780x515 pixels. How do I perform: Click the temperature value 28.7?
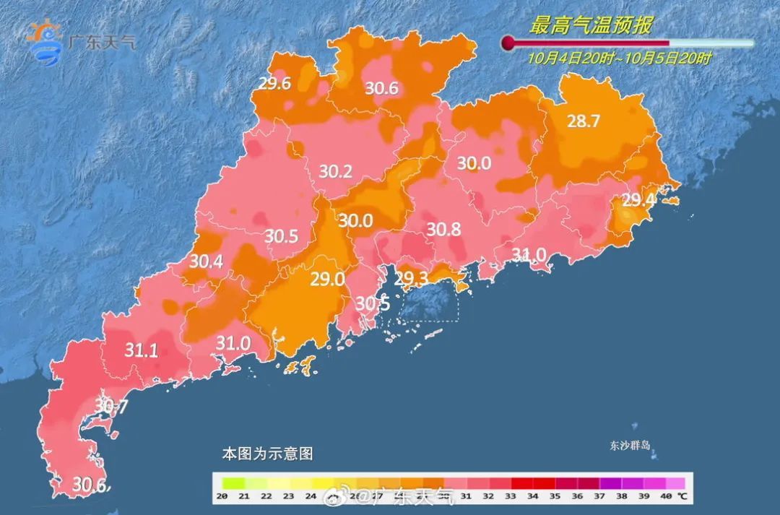(x=583, y=121)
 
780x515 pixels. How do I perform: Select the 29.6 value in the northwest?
(x=274, y=84)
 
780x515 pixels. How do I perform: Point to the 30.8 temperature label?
(x=443, y=230)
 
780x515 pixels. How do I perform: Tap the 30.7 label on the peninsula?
(x=111, y=407)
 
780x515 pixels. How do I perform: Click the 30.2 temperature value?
(x=335, y=172)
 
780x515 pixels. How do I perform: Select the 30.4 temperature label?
(x=206, y=262)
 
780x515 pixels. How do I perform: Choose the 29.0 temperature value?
(x=327, y=279)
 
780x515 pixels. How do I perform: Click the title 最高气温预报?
(x=591, y=26)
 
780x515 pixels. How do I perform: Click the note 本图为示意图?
(x=267, y=454)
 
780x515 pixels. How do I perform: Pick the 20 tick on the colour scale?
(x=222, y=496)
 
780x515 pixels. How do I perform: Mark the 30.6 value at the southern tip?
(x=92, y=485)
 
